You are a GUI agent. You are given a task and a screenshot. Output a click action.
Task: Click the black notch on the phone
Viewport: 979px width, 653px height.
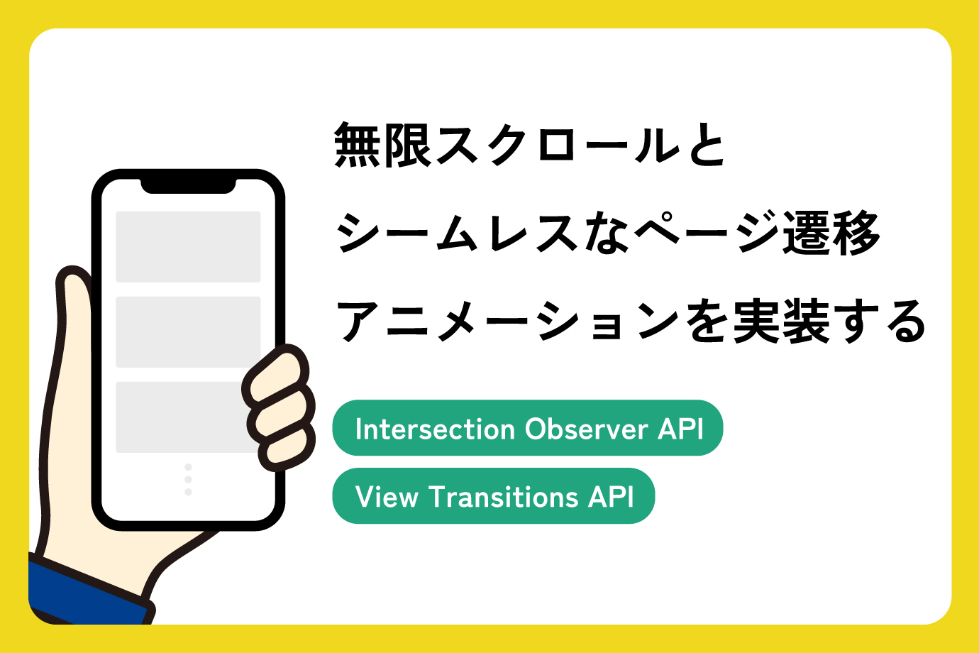188,185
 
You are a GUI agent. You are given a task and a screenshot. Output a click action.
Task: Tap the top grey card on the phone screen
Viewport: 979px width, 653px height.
188,246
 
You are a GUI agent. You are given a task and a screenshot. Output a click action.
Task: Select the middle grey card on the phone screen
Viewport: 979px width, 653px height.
188,331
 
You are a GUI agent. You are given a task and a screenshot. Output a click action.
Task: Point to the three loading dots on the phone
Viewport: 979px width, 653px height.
188,479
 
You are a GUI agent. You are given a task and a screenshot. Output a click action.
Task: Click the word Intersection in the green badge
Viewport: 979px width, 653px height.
435,429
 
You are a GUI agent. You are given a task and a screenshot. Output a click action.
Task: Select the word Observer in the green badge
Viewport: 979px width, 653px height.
587,429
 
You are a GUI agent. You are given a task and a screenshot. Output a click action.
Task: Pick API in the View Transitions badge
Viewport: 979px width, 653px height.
611,497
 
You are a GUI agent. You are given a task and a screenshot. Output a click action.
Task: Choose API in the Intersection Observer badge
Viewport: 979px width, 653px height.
680,429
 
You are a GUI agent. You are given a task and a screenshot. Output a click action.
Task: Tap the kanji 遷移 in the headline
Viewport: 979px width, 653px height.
831,233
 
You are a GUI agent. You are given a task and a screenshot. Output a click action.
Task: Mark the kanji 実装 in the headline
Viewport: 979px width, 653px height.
781,321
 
